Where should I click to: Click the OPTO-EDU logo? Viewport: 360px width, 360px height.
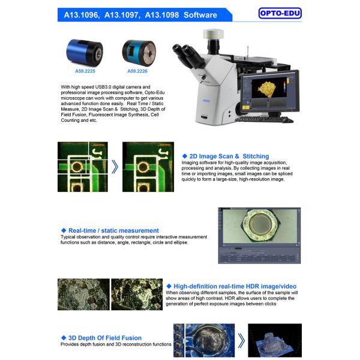click(280, 13)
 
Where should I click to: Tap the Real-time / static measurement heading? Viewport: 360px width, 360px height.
click(113, 230)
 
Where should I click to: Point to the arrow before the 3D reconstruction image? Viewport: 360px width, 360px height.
click(241, 341)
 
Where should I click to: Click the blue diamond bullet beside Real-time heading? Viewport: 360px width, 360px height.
click(63, 230)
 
